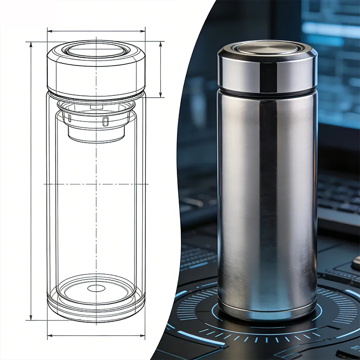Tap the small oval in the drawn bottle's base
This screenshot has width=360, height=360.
click(x=96, y=288)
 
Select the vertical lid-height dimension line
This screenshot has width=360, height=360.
click(x=161, y=70)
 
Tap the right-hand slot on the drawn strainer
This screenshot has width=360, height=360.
click(x=105, y=121)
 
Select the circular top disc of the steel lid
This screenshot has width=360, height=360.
click(x=267, y=48)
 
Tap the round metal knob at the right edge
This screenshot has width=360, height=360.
click(x=356, y=263)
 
